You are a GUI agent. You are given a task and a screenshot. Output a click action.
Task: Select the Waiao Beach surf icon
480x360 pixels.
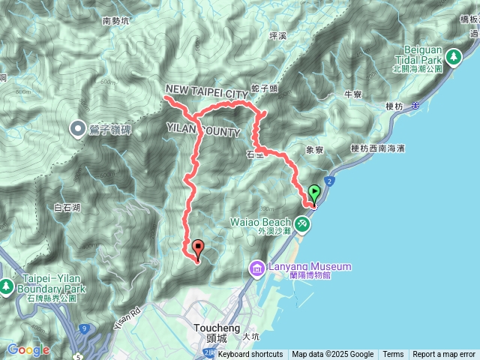click(301, 223)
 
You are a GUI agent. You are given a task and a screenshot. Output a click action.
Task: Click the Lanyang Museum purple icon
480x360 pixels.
click(256, 268)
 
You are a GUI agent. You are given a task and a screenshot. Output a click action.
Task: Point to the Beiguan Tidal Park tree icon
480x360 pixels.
click(453, 56)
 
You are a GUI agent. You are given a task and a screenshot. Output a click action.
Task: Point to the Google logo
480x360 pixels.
click(28, 349)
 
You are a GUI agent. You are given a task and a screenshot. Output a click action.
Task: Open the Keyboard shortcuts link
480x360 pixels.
click(250, 355)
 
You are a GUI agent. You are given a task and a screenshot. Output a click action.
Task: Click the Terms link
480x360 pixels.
click(393, 355)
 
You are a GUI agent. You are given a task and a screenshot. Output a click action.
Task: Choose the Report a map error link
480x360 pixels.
click(444, 355)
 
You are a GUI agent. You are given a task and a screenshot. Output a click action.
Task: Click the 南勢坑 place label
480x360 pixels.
click(116, 22)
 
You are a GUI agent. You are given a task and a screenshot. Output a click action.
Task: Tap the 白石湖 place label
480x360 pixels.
click(67, 207)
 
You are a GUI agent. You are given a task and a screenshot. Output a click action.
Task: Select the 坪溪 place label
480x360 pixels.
click(277, 35)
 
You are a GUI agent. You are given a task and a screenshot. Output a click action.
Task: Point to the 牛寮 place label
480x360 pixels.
click(352, 94)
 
